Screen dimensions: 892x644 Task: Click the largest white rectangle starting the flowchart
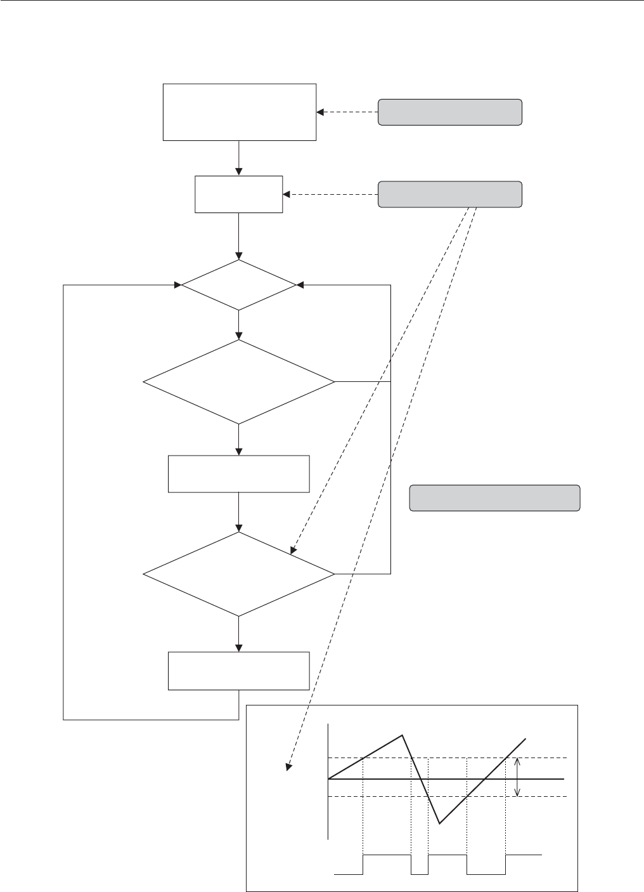point(239,112)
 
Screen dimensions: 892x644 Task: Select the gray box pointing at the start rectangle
point(450,112)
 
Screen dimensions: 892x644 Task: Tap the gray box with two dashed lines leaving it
point(450,194)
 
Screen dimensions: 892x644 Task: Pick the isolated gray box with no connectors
point(495,498)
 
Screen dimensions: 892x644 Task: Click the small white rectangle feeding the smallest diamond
point(239,194)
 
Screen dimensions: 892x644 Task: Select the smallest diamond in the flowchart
point(239,285)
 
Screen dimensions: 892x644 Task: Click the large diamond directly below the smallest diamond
point(239,382)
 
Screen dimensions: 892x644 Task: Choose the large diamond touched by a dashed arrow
point(239,574)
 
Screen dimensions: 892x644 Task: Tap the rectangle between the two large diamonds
point(239,473)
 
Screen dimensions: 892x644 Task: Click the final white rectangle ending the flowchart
point(239,671)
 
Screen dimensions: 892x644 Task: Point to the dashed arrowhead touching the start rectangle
point(320,112)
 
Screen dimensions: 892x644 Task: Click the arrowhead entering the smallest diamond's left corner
point(178,285)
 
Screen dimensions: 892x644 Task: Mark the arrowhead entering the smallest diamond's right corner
point(300,285)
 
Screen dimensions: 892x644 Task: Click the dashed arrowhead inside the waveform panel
point(289,767)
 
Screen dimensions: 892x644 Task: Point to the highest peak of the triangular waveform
point(402,735)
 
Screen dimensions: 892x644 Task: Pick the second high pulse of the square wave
point(448,855)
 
